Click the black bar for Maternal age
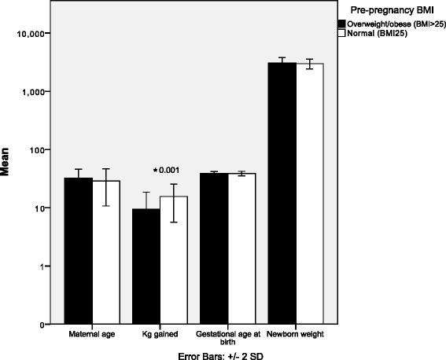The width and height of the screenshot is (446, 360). tap(78, 251)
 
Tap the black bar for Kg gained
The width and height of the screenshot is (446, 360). tap(146, 266)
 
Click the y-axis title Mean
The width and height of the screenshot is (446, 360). tap(11, 178)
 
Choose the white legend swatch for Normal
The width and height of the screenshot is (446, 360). tap(342, 35)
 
